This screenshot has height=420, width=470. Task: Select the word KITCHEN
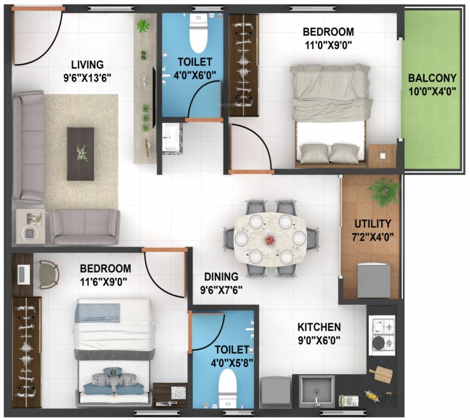319,327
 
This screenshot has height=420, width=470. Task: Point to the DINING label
222,276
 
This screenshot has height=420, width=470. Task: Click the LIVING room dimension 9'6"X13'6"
88,77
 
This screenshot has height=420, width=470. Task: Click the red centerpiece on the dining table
270,240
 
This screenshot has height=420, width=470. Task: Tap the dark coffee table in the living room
80,154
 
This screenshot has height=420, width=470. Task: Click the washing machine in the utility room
374,279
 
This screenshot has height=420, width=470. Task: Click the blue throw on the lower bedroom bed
97,312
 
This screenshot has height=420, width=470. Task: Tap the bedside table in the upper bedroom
382,155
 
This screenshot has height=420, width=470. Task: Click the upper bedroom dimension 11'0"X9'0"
328,45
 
